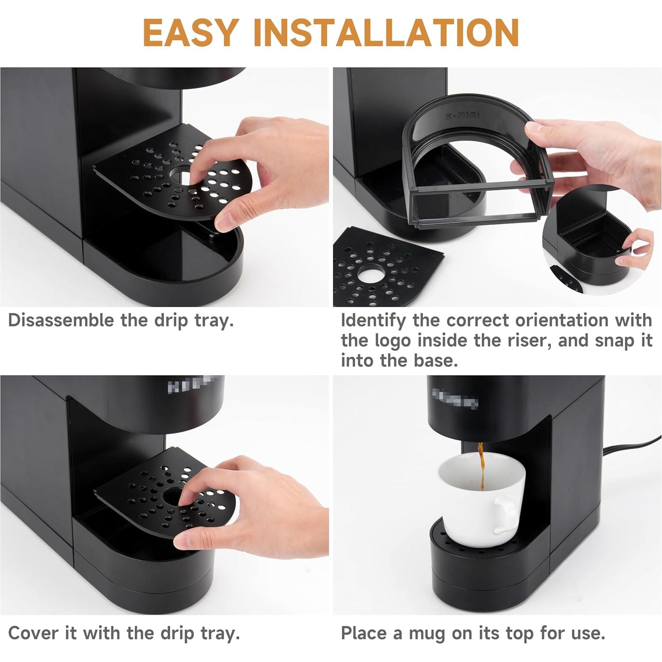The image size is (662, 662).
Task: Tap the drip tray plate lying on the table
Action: coord(380,270)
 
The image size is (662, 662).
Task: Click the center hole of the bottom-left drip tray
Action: coord(173,496)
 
